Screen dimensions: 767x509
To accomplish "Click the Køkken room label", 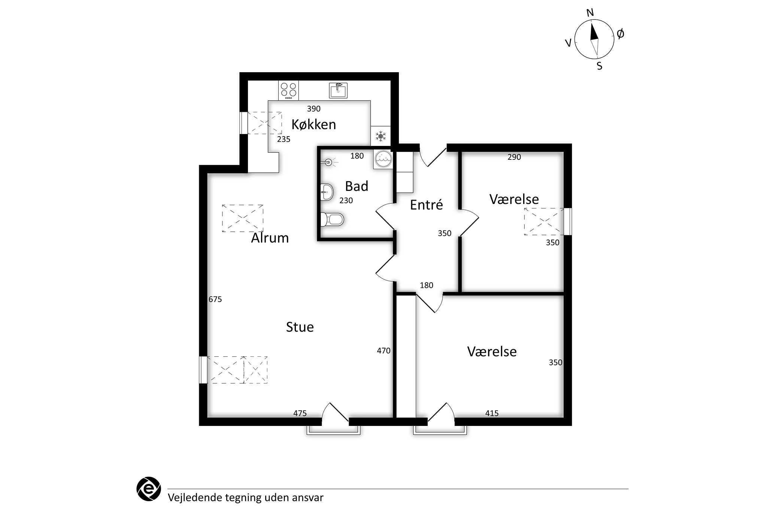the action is (x=313, y=124).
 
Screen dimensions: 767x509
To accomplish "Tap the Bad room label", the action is (x=357, y=186).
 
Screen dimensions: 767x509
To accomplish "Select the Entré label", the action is (x=426, y=205).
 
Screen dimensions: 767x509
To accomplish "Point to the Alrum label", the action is (x=270, y=238).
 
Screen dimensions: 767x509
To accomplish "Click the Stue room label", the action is (x=300, y=327).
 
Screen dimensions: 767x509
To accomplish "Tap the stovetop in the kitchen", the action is (x=288, y=91).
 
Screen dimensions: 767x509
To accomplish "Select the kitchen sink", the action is (x=339, y=90).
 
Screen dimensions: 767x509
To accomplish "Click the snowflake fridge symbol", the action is (x=381, y=136).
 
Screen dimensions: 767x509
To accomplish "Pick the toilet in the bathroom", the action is (x=332, y=219).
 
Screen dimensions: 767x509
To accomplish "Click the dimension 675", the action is (x=215, y=299).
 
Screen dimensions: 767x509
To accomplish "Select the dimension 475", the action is (x=300, y=413).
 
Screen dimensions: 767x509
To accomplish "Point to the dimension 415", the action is (x=492, y=413).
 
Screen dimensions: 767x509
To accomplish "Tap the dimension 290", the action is (x=514, y=157).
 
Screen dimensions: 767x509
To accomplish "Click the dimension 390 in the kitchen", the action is (x=314, y=109).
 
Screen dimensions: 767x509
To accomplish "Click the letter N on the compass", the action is (x=590, y=13).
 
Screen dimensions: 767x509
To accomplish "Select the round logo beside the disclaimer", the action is (x=149, y=489).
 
